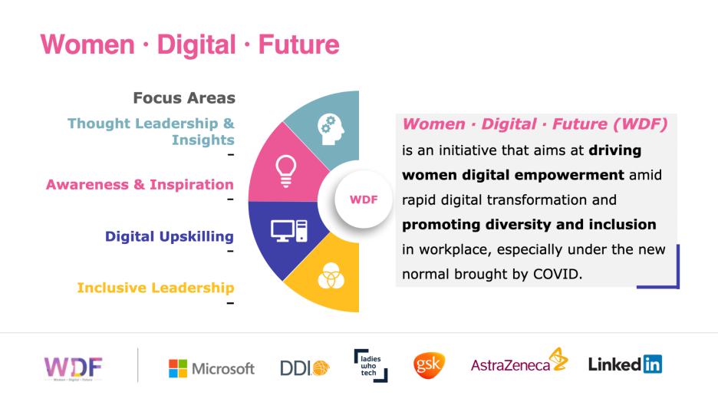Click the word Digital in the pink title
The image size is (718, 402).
pyautogui.click(x=196, y=45)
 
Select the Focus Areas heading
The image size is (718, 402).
pyautogui.click(x=184, y=98)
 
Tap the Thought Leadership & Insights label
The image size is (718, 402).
pyautogui.click(x=151, y=131)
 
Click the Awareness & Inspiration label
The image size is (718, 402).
pyautogui.click(x=140, y=185)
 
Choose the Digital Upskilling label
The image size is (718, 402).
pyautogui.click(x=170, y=236)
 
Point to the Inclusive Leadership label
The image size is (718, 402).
pyautogui.click(x=156, y=288)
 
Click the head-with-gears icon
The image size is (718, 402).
pyautogui.click(x=331, y=129)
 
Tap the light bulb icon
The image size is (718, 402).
pyautogui.click(x=285, y=171)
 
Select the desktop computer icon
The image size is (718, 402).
pyautogui.click(x=289, y=231)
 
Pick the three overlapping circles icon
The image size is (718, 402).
pyautogui.click(x=331, y=276)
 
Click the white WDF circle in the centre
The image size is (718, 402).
pyautogui.click(x=364, y=199)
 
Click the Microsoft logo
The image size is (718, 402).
pyautogui.click(x=212, y=368)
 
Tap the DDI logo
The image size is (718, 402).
pyautogui.click(x=305, y=367)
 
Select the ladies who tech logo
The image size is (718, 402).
pyautogui.click(x=371, y=366)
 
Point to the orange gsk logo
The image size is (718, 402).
pyautogui.click(x=429, y=365)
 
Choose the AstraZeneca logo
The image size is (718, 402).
pyautogui.click(x=519, y=361)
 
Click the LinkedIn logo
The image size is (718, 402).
pyautogui.click(x=625, y=364)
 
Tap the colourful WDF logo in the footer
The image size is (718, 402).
pyautogui.click(x=74, y=368)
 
